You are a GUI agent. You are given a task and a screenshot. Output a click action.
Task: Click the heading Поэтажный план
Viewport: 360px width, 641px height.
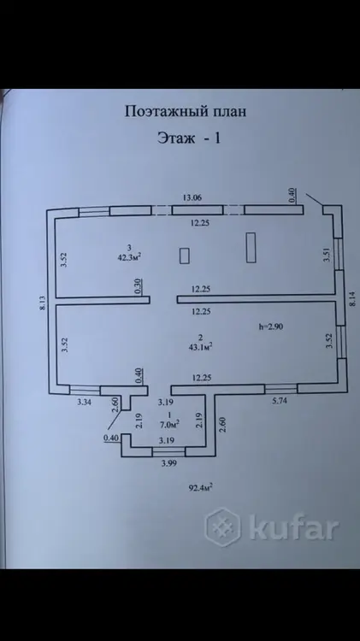(186, 112)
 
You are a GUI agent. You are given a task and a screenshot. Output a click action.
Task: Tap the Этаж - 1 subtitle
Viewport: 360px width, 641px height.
(189, 138)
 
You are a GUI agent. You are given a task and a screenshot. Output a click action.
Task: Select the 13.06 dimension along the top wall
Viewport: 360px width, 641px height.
(192, 198)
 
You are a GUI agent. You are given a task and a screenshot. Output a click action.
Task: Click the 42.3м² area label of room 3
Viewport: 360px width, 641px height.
(129, 257)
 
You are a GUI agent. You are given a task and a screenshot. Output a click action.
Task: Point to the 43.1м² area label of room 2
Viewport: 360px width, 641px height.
(200, 347)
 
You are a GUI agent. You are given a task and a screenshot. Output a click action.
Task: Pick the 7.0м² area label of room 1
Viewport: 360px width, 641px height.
(170, 424)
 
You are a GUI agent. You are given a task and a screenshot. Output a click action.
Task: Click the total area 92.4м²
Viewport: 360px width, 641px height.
(200, 487)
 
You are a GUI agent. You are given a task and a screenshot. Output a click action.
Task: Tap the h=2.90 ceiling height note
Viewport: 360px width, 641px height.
(271, 326)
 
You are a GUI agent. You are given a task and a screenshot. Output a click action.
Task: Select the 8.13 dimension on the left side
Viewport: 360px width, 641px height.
(42, 303)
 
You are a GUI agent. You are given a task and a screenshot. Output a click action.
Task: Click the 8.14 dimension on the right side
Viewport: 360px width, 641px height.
(352, 298)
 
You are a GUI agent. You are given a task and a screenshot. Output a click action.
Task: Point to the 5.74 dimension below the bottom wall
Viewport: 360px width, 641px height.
(280, 401)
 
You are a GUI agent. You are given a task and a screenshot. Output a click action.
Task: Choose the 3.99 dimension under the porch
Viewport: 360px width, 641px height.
(169, 463)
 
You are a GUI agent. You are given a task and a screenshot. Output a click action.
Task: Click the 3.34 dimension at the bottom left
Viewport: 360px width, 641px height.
(84, 403)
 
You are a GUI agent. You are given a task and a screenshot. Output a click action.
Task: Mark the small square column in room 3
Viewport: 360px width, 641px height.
(185, 256)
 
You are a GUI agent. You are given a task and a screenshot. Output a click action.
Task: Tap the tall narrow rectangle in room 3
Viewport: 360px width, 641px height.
(251, 247)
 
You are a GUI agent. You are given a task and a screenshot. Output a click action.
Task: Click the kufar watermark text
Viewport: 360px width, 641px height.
(294, 528)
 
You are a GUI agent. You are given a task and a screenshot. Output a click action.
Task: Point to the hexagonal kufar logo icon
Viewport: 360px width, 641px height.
(223, 527)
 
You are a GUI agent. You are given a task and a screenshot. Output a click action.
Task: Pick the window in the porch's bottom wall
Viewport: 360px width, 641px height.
(168, 452)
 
